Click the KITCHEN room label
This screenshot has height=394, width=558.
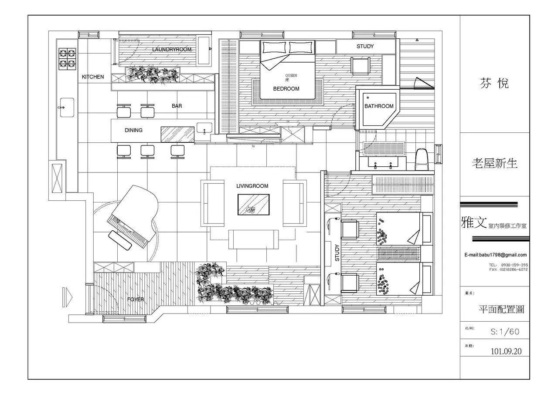click(x=93, y=77)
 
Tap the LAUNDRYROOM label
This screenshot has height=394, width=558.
click(x=172, y=50)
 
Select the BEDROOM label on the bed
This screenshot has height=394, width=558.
click(x=286, y=89)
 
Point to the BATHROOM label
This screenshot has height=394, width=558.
click(x=379, y=106)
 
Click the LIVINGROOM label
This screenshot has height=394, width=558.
click(x=252, y=186)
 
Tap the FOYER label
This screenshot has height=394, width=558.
click(x=135, y=300)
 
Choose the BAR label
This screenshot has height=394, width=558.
click(x=177, y=106)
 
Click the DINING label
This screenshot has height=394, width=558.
click(x=133, y=130)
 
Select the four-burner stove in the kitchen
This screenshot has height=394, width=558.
click(x=67, y=59)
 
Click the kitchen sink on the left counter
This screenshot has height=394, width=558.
click(x=67, y=107)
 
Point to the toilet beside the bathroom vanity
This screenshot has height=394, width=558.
click(x=422, y=160)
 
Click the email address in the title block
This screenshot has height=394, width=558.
click(x=495, y=255)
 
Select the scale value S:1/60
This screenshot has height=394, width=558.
click(x=505, y=332)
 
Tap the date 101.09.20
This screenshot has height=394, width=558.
click(x=506, y=351)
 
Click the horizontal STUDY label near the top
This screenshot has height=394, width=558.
click(x=365, y=46)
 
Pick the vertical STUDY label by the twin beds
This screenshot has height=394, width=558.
click(x=337, y=253)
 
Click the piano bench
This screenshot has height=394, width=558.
click(x=119, y=241)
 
